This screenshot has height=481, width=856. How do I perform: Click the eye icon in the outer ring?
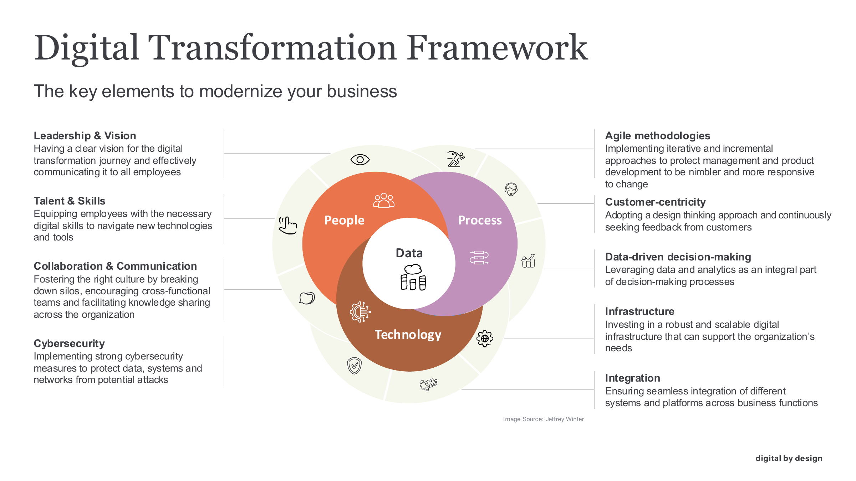pyautogui.click(x=360, y=160)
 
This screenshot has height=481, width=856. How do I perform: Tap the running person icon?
pyautogui.click(x=455, y=159)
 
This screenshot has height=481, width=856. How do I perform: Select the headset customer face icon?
pyautogui.click(x=511, y=189)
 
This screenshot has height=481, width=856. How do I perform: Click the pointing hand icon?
pyautogui.click(x=288, y=225)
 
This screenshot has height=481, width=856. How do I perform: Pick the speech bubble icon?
pyautogui.click(x=307, y=298)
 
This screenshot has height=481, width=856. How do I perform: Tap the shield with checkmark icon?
pyautogui.click(x=354, y=366)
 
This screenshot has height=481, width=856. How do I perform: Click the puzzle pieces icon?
pyautogui.click(x=428, y=384)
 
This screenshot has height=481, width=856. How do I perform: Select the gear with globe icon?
pyautogui.click(x=485, y=338)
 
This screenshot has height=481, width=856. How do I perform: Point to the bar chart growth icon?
pyautogui.click(x=528, y=261)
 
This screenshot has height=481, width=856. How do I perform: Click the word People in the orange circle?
pyautogui.click(x=344, y=220)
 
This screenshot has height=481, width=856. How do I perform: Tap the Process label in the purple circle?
pyautogui.click(x=480, y=220)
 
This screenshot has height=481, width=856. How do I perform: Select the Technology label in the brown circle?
pyautogui.click(x=408, y=335)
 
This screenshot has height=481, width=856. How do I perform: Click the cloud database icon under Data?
pyautogui.click(x=413, y=277)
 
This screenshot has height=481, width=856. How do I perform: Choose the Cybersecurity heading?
pyautogui.click(x=69, y=343)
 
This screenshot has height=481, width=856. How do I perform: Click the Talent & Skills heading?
pyautogui.click(x=70, y=201)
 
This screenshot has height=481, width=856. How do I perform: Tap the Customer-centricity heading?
pyautogui.click(x=655, y=202)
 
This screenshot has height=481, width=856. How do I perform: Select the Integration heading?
pyautogui.click(x=632, y=378)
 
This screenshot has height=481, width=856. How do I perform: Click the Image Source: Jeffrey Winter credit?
pyautogui.click(x=543, y=419)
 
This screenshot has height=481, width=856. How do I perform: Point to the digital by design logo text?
pyautogui.click(x=789, y=458)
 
